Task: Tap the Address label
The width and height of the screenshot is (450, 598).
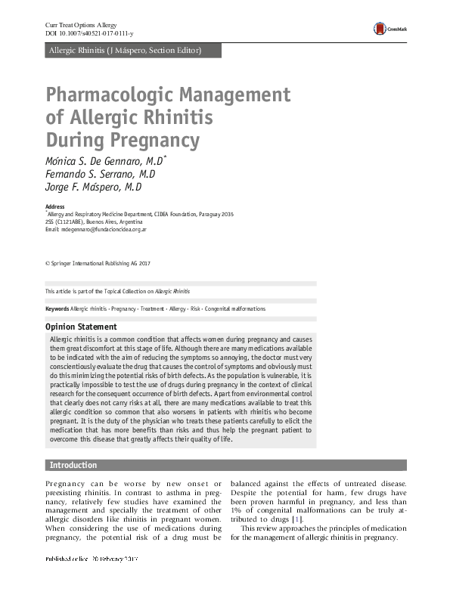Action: point(55,207)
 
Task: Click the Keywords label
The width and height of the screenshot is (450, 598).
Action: point(57,309)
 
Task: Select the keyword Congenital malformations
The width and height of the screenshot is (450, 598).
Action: point(234,309)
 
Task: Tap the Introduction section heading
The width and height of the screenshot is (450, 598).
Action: point(73,465)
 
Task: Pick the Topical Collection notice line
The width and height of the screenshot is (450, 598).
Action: point(117,291)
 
